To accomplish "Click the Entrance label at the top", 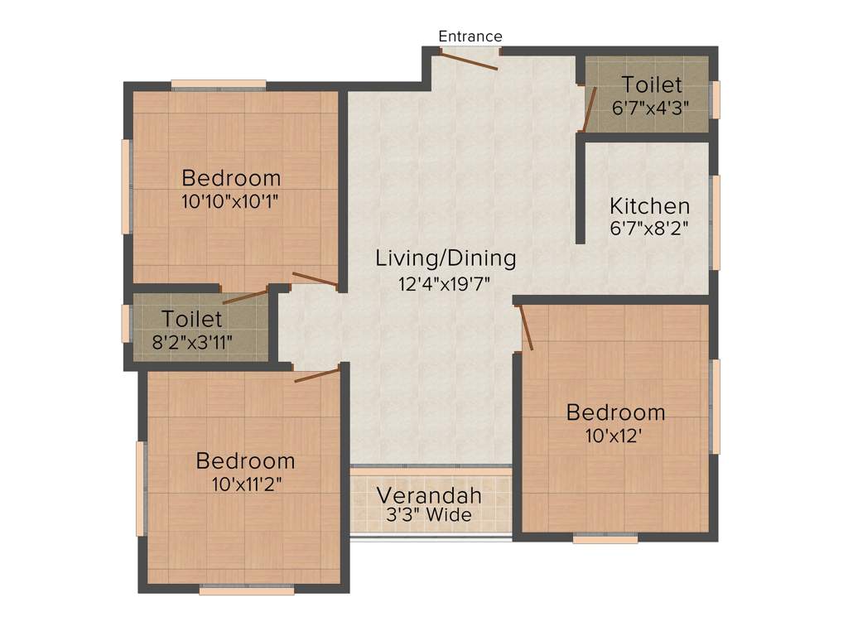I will point(470,36).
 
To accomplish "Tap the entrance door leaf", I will point(468,60).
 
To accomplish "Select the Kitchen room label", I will point(649,205).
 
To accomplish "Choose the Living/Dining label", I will point(446,258).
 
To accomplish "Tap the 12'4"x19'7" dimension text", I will point(445,283).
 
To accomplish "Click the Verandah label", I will point(429,495).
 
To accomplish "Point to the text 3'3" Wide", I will point(429,515).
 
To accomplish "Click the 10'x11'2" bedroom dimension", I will point(245,484).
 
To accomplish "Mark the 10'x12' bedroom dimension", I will point(615,434).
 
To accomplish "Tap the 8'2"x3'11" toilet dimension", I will point(192,340).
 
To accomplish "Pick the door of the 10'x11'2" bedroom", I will point(317,375).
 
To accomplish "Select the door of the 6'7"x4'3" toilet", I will point(590,109).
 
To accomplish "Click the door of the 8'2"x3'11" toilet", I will point(245,296).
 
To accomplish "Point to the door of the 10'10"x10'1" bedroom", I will point(315,280).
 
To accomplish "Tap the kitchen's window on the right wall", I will point(715,222).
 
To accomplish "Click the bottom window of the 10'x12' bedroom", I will point(605,539).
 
